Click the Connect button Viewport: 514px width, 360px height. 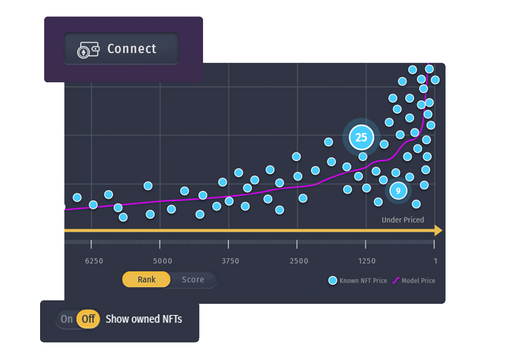(121, 49)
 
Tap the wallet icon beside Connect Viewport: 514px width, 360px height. (88, 50)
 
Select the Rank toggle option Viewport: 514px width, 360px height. (146, 280)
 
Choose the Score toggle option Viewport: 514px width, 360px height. (193, 280)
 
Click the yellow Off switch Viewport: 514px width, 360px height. (88, 319)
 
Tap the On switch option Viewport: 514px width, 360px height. (67, 319)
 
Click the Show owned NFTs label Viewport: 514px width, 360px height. (143, 319)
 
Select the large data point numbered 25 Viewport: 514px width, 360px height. (361, 137)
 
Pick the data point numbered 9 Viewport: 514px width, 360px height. (398, 191)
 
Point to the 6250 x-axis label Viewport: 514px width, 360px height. (94, 261)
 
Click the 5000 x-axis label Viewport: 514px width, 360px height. (162, 261)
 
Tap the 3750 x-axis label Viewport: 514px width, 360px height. (230, 261)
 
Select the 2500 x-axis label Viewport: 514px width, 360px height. (299, 261)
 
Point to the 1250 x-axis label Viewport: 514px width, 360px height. (366, 261)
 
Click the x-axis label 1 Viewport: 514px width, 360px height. (435, 261)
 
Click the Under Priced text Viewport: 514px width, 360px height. (402, 220)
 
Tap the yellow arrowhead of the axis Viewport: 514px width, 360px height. (438, 230)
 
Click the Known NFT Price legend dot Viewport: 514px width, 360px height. (333, 280)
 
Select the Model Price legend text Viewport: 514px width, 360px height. (418, 281)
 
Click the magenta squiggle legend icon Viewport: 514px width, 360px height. (396, 280)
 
